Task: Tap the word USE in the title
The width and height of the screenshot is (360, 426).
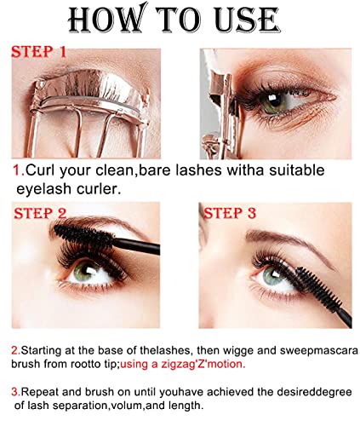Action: point(246,20)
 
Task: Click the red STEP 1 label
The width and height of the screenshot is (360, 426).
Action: point(38,52)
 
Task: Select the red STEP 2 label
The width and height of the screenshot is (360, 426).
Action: point(40,213)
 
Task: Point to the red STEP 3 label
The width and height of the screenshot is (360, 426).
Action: point(230,213)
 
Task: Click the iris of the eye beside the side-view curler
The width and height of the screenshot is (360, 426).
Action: point(272,101)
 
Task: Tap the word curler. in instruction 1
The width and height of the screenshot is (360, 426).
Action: point(99,189)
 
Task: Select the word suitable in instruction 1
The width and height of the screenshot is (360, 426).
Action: point(296,170)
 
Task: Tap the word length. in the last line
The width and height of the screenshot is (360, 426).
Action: point(186,406)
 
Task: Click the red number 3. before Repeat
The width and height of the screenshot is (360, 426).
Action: point(16,392)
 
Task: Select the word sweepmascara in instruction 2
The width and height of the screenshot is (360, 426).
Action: point(319,351)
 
